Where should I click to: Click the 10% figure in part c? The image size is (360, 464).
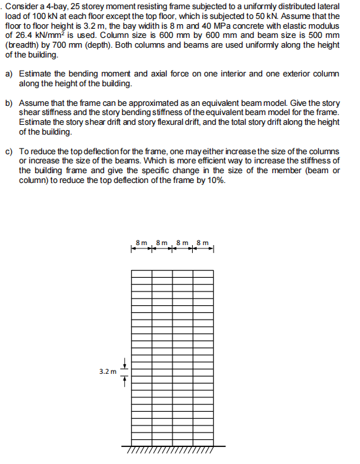coord(218,181)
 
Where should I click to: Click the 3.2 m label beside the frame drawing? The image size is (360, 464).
coord(108,371)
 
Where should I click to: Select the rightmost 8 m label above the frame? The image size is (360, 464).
coord(204,243)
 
